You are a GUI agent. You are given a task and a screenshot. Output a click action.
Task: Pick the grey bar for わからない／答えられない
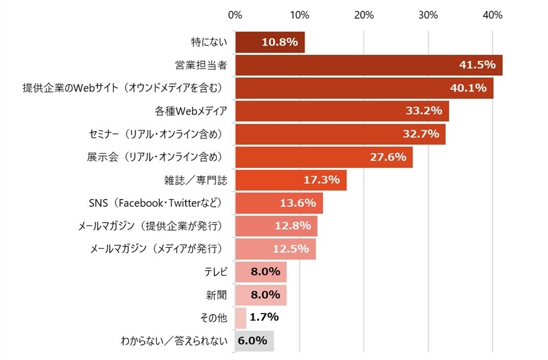point(254,341)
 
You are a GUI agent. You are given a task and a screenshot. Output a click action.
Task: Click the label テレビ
point(215,272)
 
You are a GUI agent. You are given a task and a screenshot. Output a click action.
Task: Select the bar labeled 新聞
point(260,294)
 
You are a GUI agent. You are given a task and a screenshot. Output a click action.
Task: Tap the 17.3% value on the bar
point(321,180)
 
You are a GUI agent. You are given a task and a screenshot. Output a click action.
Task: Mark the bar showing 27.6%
point(323,157)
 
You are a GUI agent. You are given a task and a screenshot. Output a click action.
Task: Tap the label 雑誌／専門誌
point(195,180)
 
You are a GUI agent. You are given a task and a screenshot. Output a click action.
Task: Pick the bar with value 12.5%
point(275,249)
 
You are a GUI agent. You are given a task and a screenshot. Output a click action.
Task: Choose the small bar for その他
point(241,318)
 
